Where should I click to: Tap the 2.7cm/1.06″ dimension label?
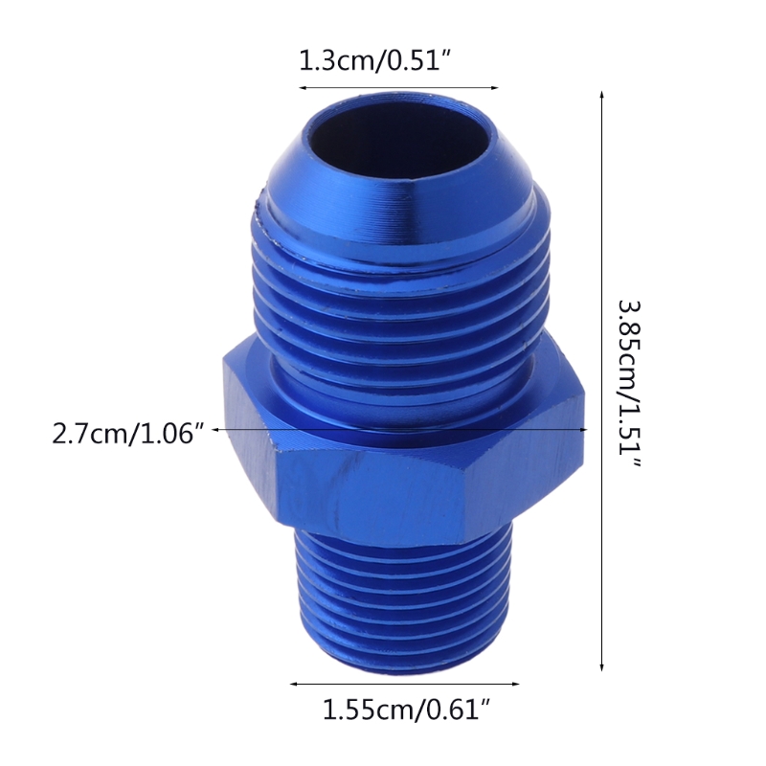pos(129,436)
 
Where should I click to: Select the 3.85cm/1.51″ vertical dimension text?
pos(629,383)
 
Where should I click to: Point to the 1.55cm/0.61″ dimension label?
pos(406,710)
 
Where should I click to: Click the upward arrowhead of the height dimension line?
pos(602,97)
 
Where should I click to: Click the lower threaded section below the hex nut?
pos(402,594)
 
